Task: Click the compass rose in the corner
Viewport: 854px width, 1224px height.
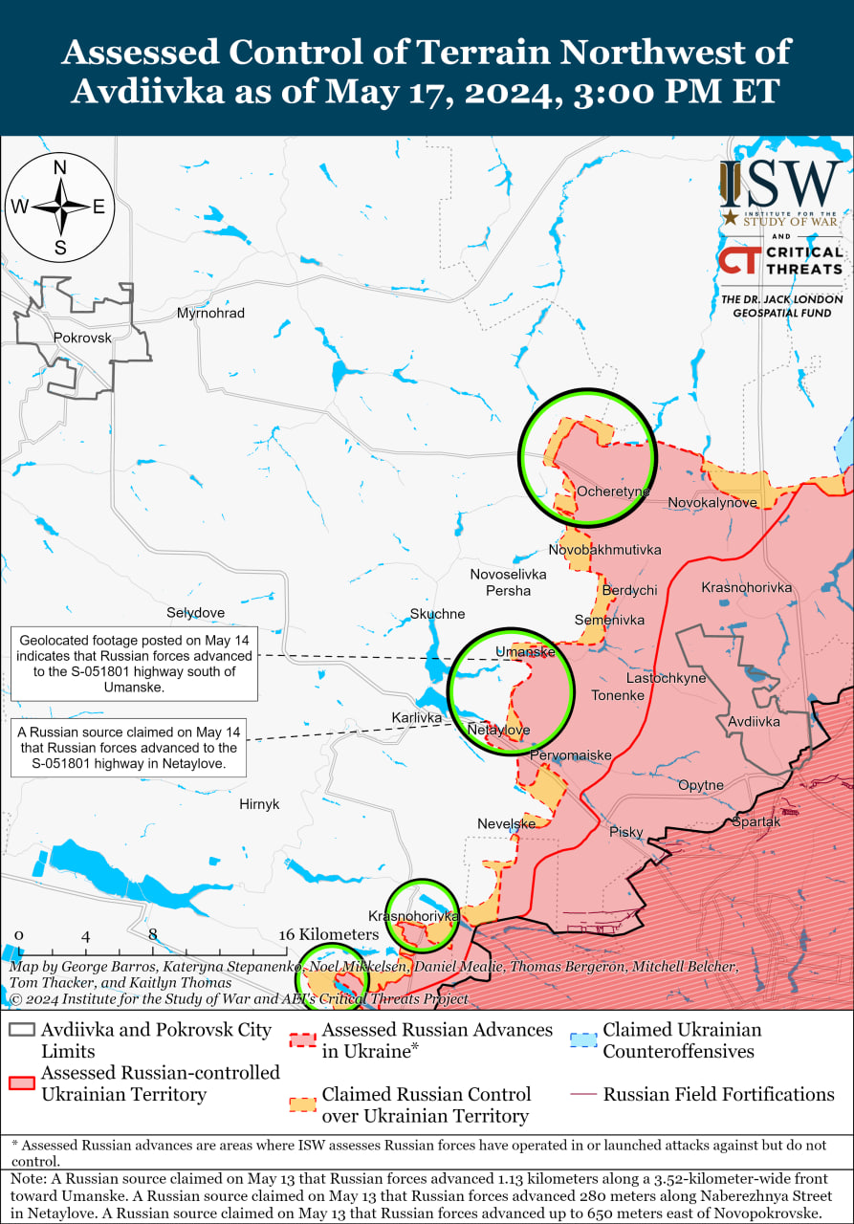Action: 60,208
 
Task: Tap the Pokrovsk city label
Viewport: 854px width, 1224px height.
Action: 82,338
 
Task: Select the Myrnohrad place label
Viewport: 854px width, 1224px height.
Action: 210,314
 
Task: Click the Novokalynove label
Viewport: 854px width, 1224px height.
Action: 712,502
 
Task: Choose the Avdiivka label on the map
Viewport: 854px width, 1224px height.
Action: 754,722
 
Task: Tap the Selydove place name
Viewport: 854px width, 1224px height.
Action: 195,613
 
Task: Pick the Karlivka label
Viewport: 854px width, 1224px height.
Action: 417,717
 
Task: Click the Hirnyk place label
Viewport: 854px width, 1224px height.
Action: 259,804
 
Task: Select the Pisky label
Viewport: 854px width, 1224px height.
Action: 626,832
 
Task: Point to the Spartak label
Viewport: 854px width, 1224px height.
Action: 756,821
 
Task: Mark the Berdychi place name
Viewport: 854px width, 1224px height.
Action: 629,590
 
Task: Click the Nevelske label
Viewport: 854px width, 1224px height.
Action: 506,824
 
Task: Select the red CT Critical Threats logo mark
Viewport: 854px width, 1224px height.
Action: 737,261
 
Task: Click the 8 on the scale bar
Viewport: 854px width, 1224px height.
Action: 152,934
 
